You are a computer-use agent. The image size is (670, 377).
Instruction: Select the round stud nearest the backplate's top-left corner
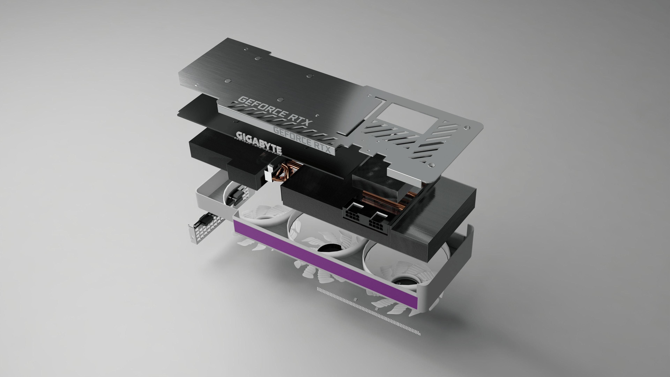246,49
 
